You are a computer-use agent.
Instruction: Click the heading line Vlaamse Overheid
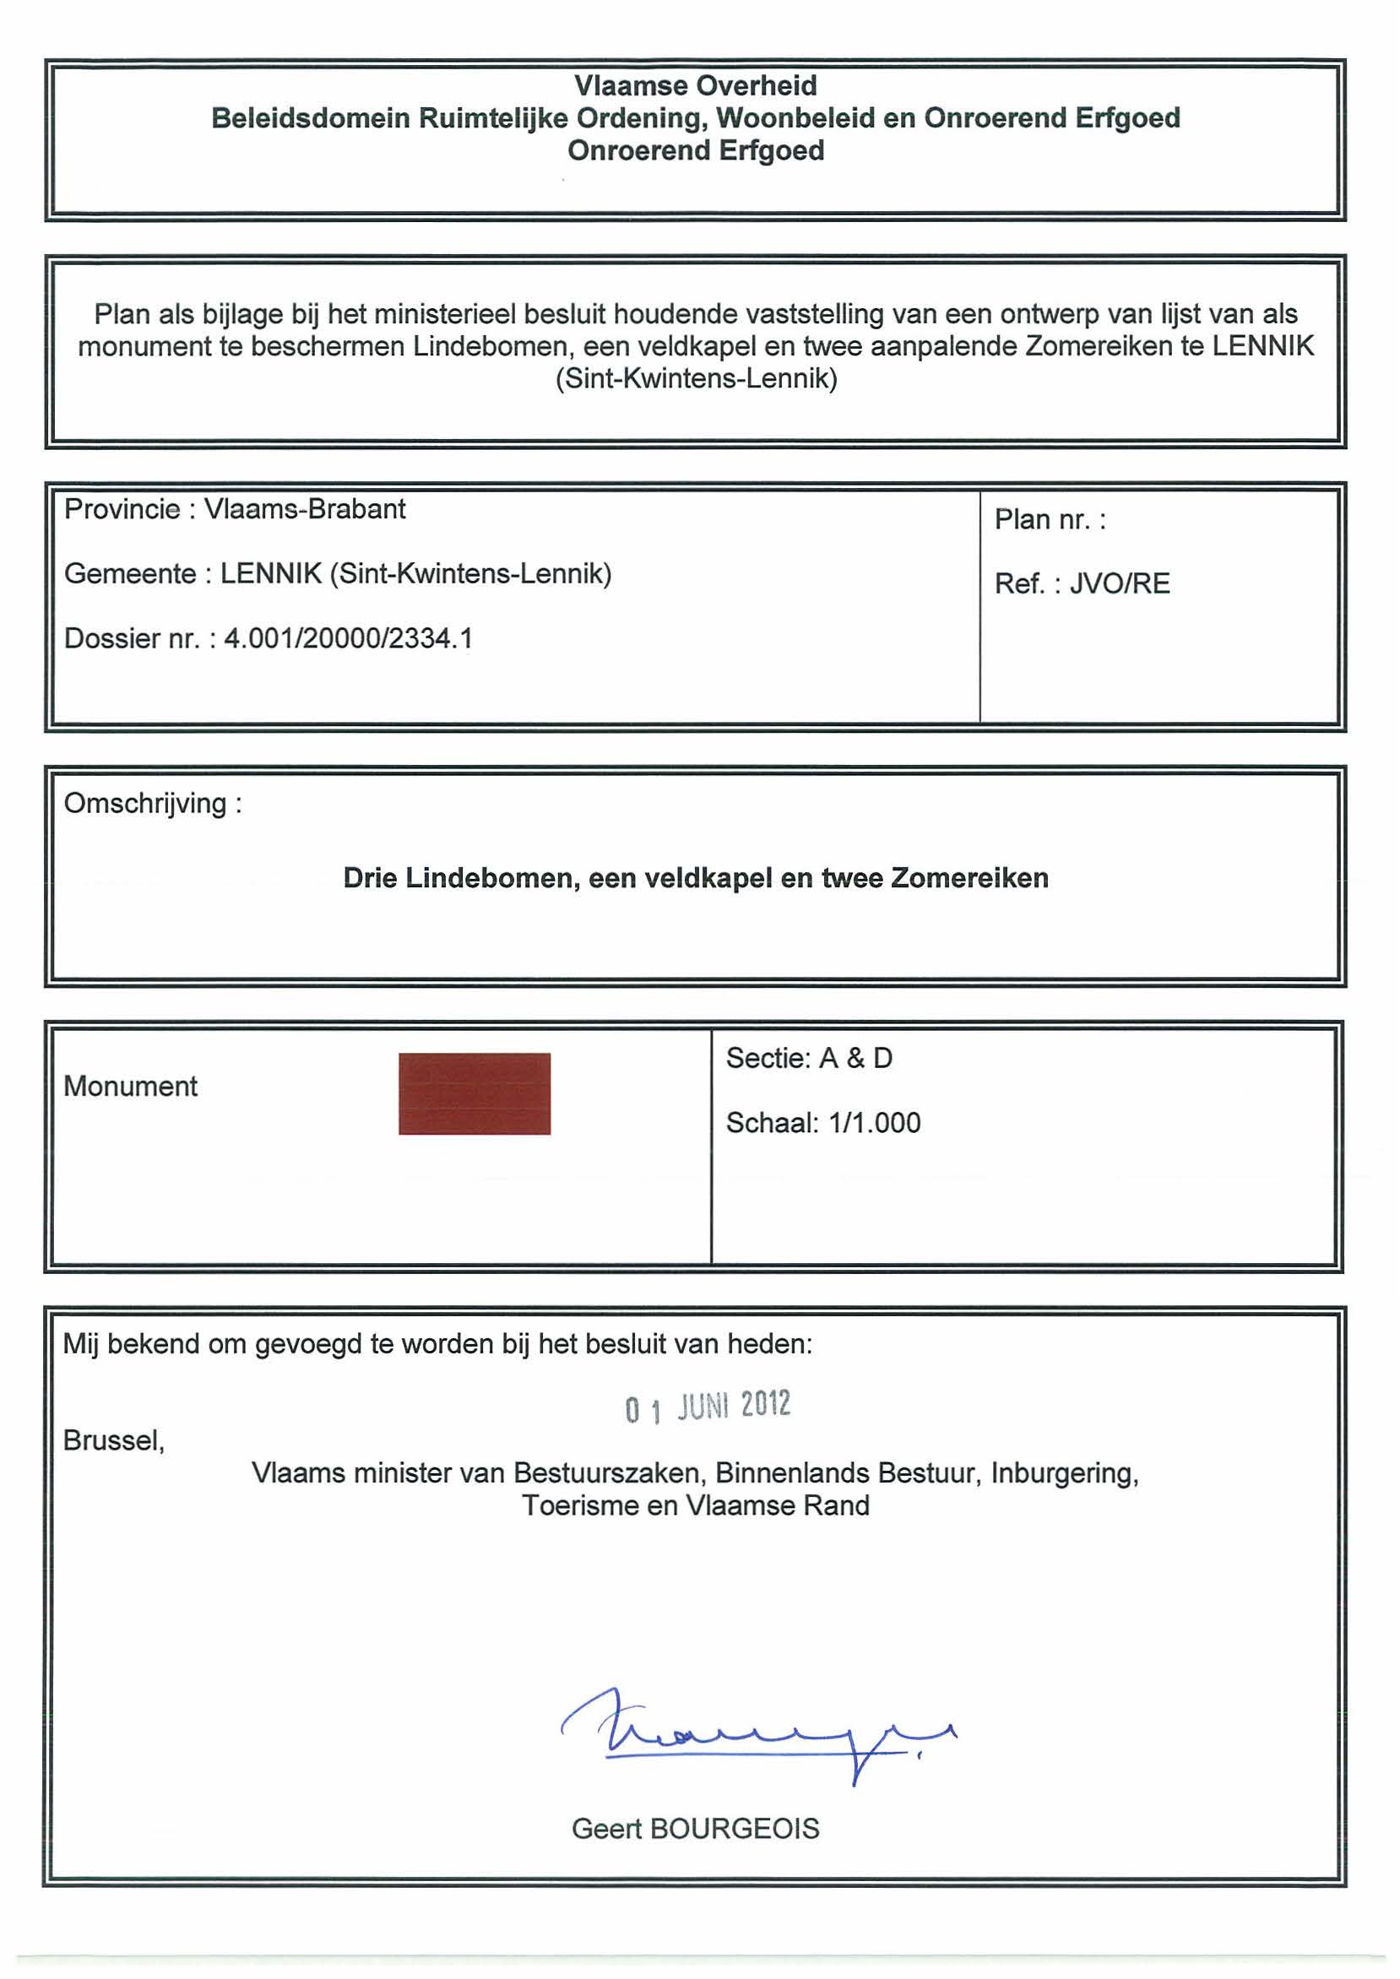pos(695,85)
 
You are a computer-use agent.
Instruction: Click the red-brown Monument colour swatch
pos(475,1093)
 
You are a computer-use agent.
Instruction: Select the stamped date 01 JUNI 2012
pos(708,1407)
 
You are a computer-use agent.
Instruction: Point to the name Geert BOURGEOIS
pos(695,1829)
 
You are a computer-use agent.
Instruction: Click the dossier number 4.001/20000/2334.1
pos(348,638)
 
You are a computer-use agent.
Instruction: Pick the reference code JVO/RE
pos(1120,583)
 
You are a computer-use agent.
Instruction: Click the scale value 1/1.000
pos(874,1123)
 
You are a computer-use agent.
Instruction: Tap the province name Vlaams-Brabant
pos(304,509)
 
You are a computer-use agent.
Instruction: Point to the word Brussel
pos(113,1440)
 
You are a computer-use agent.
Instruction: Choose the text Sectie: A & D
pos(809,1059)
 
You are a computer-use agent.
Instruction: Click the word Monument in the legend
pos(130,1086)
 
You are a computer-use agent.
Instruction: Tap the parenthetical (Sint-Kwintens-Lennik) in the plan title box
pos(696,378)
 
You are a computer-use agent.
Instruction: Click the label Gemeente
pos(129,574)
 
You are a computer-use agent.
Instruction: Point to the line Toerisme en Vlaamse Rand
pos(695,1506)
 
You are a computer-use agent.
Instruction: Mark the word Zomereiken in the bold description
pos(969,878)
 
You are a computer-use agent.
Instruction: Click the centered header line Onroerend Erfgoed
pos(695,151)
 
